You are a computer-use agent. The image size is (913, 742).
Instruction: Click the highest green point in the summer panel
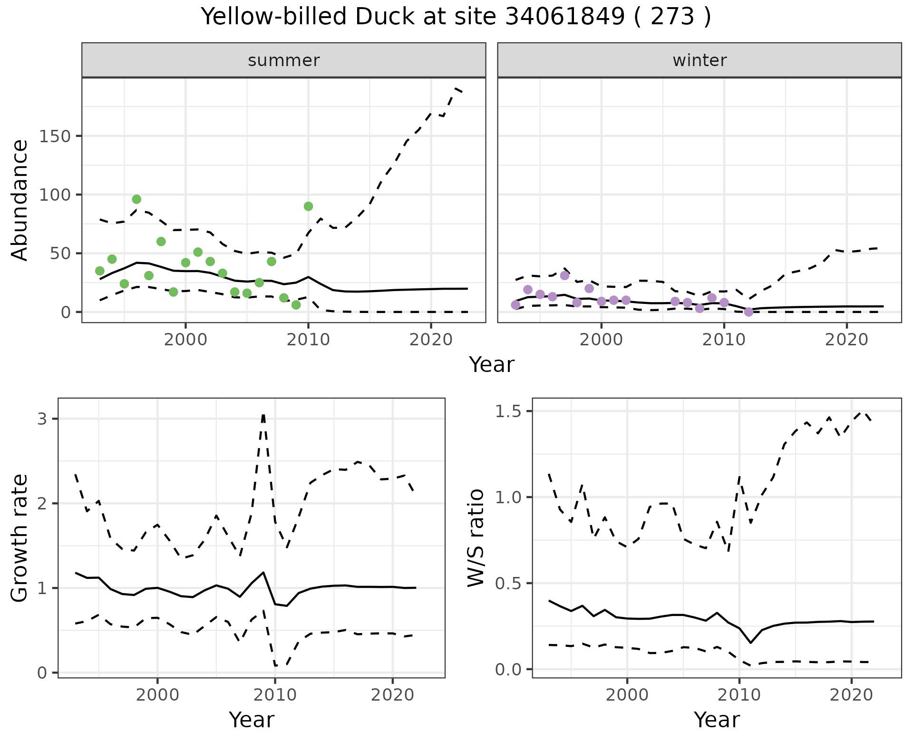(x=136, y=199)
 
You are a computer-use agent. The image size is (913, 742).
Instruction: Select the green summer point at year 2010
(x=308, y=206)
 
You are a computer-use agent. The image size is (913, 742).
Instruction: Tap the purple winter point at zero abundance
(x=748, y=312)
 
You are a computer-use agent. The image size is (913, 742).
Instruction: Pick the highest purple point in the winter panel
(x=564, y=275)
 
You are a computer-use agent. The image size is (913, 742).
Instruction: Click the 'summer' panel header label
(x=284, y=60)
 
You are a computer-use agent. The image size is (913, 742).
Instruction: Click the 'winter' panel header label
(x=699, y=60)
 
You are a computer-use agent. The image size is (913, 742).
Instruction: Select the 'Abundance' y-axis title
(x=20, y=200)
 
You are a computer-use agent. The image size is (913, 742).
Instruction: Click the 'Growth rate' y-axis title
(x=20, y=538)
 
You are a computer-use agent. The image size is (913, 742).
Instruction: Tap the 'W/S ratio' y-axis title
(x=476, y=538)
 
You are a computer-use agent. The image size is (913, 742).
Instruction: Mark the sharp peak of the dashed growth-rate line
(x=263, y=415)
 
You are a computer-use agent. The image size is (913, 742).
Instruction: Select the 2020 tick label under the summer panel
(x=431, y=340)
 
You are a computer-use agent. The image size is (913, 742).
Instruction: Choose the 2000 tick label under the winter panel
(x=601, y=340)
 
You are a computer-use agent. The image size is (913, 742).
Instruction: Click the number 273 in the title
(x=672, y=17)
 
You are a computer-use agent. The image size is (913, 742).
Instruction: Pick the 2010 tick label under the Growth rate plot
(x=275, y=695)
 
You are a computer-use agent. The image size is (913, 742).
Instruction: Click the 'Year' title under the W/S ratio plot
(x=717, y=720)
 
